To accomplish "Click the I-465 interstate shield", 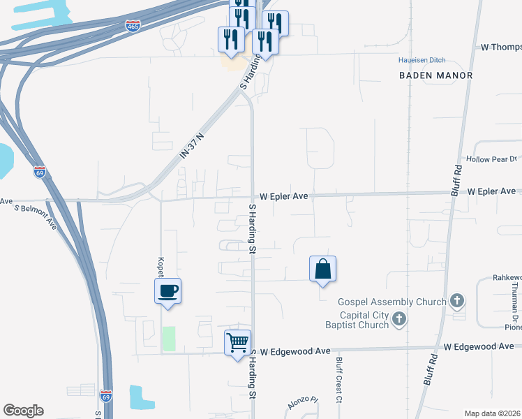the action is pos(133,26).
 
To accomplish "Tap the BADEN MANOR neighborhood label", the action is pos(436,75).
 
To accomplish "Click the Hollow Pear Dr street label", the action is pos(495,159).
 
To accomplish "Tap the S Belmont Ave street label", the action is pos(35,217).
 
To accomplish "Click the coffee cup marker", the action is pos(167,291).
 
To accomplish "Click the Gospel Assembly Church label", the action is pos(391,302).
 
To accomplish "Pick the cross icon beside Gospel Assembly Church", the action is pos(457,301).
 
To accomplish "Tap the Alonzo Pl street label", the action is pos(303,404).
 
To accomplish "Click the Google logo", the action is pos(23,411).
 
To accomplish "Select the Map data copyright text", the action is pos(493,413).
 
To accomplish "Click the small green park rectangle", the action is pos(169,339).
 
